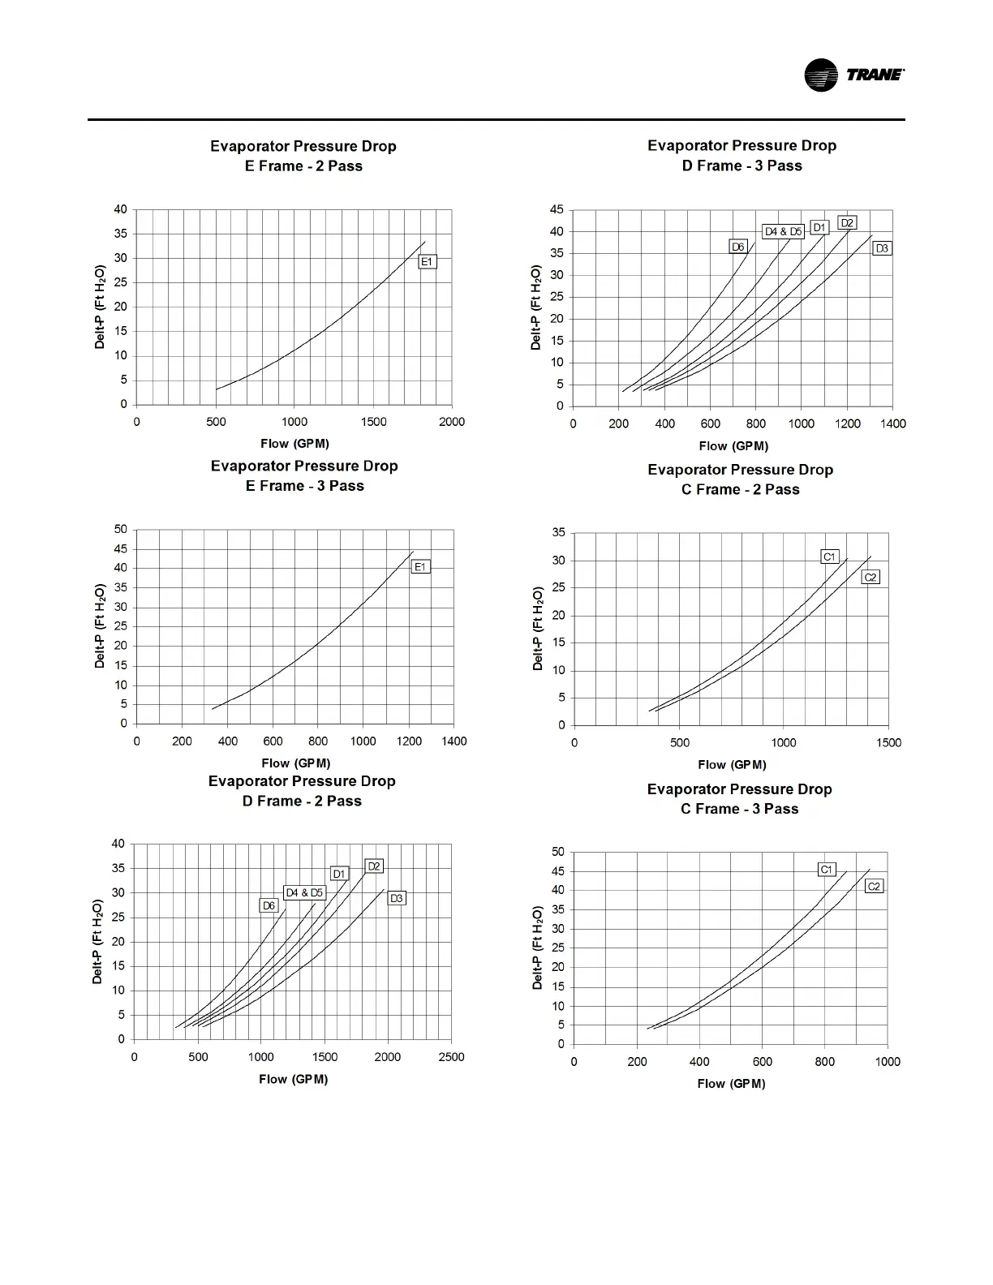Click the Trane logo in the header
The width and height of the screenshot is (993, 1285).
pos(853,75)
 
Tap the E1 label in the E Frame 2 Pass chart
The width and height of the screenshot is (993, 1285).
pos(428,262)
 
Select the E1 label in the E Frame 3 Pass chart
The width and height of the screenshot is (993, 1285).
pos(420,567)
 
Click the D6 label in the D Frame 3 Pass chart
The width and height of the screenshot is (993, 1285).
pos(737,247)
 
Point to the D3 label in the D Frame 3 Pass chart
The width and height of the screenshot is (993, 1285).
pos(882,248)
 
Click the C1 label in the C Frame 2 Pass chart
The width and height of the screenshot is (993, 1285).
pos(829,557)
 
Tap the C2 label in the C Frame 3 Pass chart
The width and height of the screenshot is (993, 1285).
pos(874,887)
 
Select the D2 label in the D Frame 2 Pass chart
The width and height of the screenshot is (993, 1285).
pos(374,866)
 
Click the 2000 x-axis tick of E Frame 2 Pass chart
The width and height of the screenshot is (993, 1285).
pos(452,422)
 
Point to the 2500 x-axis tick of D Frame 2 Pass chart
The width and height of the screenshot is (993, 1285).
pos(451,1057)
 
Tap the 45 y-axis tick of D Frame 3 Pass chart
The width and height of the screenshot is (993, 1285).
pos(557,209)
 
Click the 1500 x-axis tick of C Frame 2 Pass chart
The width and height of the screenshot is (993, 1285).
pos(888,742)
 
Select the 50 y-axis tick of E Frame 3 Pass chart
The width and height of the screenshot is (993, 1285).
pos(121,529)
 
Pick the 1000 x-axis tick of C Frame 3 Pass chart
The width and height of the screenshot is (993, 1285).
pos(888,1062)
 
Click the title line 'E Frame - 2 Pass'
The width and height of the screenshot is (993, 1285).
pos(303,166)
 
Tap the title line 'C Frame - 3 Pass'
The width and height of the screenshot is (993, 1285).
pos(739,809)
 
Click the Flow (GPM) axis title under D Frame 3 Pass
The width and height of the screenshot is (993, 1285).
pos(733,446)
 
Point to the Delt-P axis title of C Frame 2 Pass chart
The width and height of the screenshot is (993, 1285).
pos(538,629)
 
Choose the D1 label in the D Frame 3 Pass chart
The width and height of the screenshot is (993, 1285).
pos(819,228)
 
